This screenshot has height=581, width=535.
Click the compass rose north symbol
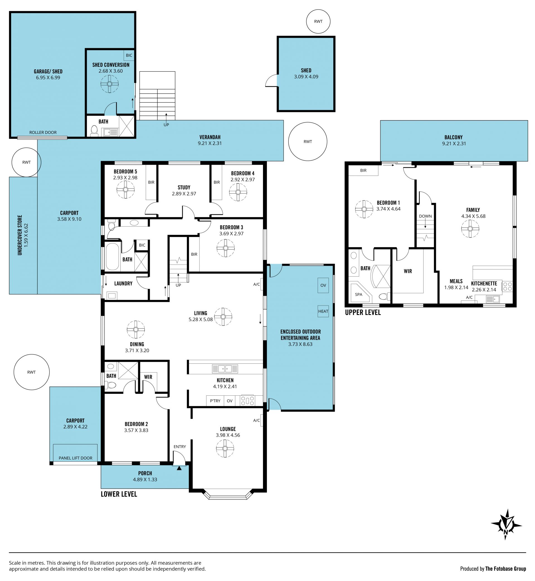click(x=506, y=525)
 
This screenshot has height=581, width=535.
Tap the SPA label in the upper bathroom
click(x=358, y=295)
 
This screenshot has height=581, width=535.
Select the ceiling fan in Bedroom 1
click(x=364, y=209)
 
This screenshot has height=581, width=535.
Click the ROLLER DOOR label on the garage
click(x=43, y=132)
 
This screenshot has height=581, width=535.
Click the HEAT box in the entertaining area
click(x=323, y=311)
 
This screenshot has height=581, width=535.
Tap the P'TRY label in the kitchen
click(x=215, y=401)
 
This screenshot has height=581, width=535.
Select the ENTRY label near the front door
click(x=180, y=447)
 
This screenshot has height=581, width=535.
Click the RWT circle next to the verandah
click(x=308, y=141)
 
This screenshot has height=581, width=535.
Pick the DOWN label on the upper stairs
click(x=425, y=216)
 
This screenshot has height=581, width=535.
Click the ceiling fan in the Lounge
click(x=225, y=449)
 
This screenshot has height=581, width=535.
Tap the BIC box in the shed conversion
click(x=129, y=55)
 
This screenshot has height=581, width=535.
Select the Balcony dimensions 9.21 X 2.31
click(x=454, y=143)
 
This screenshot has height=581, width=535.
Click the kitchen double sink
click(x=225, y=369)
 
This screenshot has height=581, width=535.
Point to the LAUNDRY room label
click(x=123, y=283)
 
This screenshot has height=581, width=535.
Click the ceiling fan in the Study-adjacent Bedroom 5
click(x=126, y=189)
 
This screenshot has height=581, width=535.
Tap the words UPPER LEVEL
click(x=363, y=312)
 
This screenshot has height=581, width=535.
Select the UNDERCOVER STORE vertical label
click(x=20, y=235)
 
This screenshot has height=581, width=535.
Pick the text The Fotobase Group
click(x=506, y=568)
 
